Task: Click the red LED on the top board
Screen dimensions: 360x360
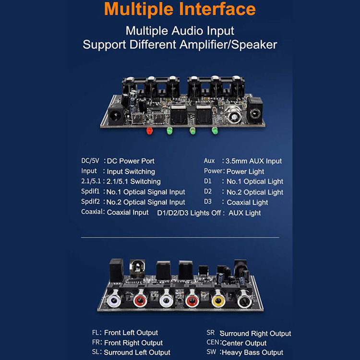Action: click(149, 131)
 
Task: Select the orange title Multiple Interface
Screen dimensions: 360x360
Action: click(180, 9)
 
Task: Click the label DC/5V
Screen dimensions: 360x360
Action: click(90, 160)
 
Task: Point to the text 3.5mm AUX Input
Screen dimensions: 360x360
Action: click(253, 161)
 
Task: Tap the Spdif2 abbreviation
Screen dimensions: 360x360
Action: click(90, 202)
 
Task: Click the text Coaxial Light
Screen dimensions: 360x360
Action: click(247, 202)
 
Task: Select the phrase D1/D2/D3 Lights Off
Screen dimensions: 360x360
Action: click(189, 213)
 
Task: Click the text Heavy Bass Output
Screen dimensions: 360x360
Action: click(252, 352)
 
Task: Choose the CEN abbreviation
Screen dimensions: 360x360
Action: click(213, 342)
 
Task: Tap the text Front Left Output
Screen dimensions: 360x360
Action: click(131, 333)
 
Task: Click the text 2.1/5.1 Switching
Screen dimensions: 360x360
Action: click(133, 181)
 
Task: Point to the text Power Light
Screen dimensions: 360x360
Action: click(245, 171)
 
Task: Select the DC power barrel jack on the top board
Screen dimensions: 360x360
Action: click(116, 114)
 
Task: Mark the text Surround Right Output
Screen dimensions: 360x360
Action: click(255, 334)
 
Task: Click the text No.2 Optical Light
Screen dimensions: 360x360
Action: click(255, 192)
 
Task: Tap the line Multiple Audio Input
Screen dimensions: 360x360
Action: click(180, 31)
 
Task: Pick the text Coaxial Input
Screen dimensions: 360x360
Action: click(128, 212)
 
